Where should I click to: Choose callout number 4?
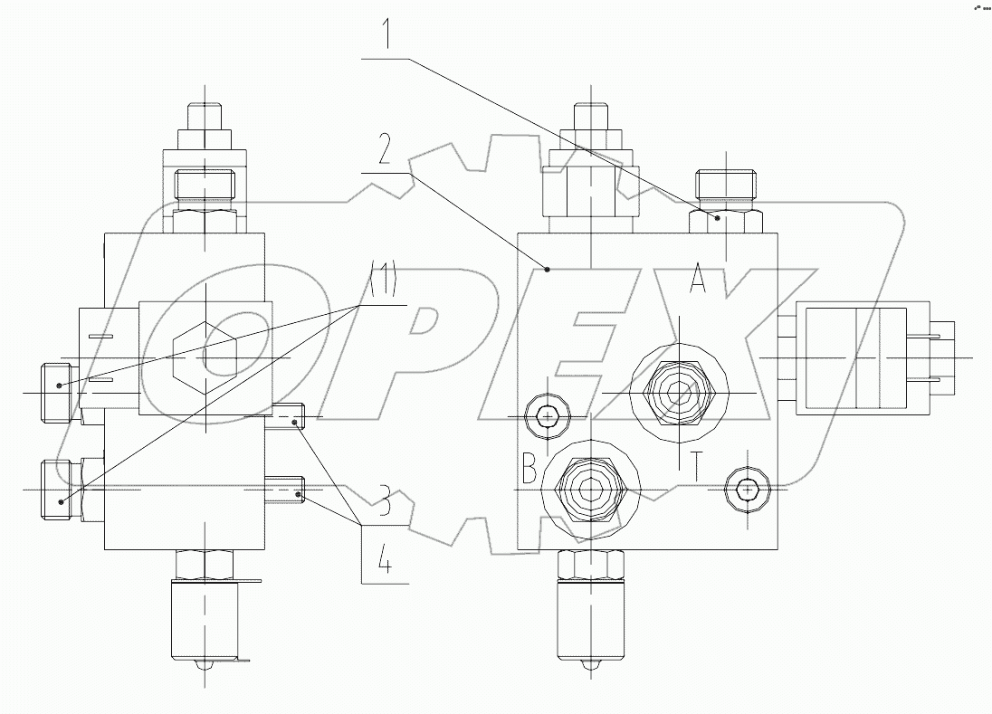[x=385, y=563]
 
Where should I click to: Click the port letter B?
[x=530, y=471]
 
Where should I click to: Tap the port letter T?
[x=696, y=467]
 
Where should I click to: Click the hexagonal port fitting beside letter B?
[x=589, y=490]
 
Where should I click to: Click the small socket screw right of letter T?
[x=747, y=490]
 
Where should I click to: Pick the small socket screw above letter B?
[x=547, y=416]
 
